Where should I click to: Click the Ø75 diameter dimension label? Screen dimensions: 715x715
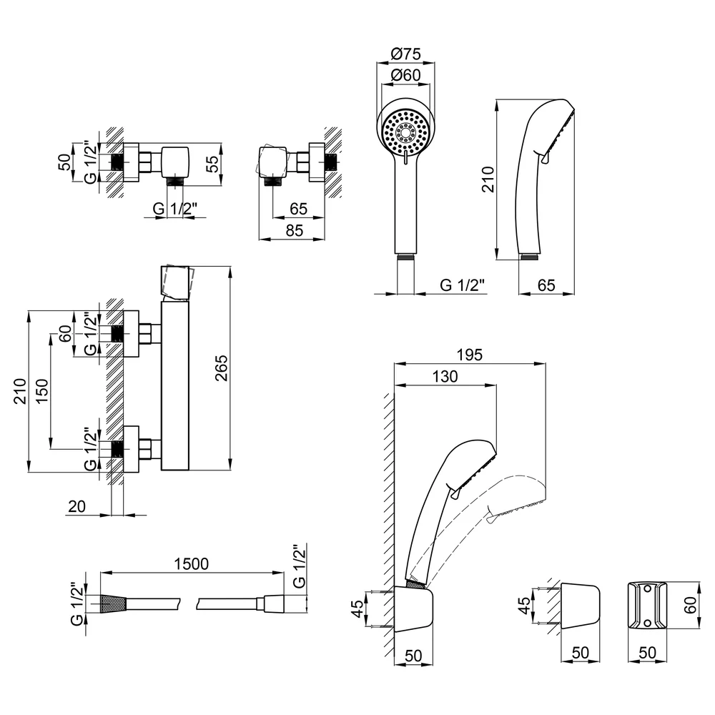click(x=405, y=54)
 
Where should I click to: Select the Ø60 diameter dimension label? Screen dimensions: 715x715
click(x=405, y=75)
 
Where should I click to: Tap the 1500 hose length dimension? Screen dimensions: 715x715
click(x=191, y=564)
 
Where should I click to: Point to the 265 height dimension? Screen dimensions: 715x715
click(x=221, y=368)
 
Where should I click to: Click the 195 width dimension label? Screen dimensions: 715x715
click(x=470, y=355)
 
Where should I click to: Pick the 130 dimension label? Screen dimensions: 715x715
click(x=445, y=377)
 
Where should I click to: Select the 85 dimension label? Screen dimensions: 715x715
click(x=295, y=231)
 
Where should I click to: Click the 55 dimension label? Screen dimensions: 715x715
click(x=213, y=164)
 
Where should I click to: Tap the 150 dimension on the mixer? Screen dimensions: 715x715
click(x=41, y=391)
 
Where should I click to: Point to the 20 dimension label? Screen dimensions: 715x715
click(x=77, y=507)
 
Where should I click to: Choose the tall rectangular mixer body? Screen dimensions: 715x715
click(x=174, y=385)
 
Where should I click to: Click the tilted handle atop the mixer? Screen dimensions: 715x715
click(x=178, y=281)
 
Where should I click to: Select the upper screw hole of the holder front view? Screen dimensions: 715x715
click(x=646, y=590)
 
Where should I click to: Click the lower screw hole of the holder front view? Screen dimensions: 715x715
click(x=646, y=623)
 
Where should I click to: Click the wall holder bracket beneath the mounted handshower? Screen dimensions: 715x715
click(x=413, y=609)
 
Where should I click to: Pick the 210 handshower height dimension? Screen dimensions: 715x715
click(x=488, y=179)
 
